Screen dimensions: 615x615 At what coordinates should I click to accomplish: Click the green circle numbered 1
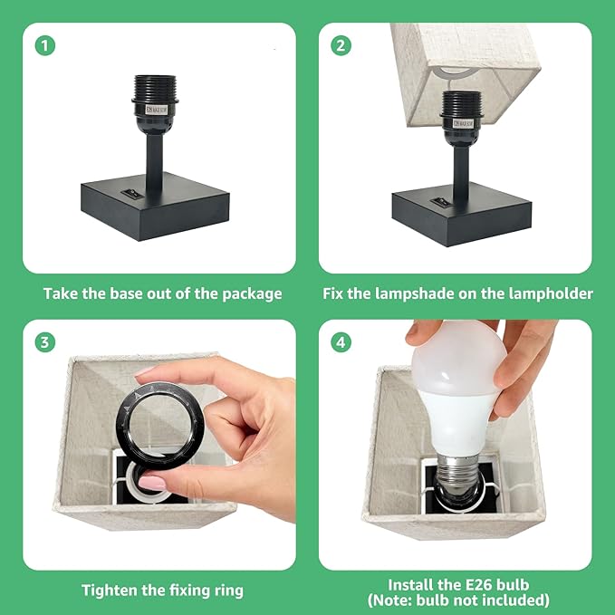click(45, 45)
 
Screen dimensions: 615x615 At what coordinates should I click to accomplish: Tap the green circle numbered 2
click(341, 45)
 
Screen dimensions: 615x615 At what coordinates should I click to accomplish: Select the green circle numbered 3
click(45, 342)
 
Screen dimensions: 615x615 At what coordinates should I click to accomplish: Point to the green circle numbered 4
click(341, 342)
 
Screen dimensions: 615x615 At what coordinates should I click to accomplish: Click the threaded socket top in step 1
click(154, 87)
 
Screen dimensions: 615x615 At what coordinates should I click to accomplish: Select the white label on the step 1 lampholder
click(156, 110)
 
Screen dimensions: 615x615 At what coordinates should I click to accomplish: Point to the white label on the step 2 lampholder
click(463, 123)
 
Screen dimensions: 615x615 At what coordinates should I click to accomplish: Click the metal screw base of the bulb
click(456, 472)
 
